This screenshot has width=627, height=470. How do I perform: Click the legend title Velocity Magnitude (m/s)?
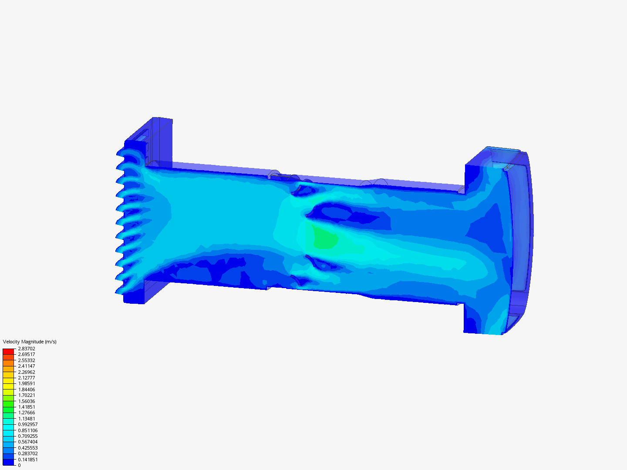(30, 342)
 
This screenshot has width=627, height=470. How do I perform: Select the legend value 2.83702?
(27, 349)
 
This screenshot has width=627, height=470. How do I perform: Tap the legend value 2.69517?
(27, 354)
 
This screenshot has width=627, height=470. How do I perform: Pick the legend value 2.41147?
(27, 366)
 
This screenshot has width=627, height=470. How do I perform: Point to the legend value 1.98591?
(27, 383)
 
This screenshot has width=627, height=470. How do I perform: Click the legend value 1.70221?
(27, 395)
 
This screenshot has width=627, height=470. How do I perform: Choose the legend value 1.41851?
(27, 407)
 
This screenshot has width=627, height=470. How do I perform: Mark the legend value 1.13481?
(27, 419)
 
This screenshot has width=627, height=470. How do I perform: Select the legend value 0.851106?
(28, 430)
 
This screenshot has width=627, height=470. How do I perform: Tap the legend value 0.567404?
(28, 442)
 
